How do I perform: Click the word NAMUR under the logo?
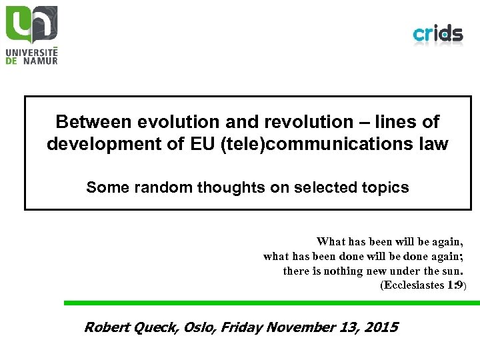pyautogui.click(x=38, y=61)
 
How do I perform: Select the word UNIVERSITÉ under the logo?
pyautogui.click(x=32, y=51)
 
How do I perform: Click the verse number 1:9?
pyautogui.click(x=456, y=285)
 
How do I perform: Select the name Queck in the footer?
pyautogui.click(x=155, y=327)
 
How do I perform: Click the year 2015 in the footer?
pyautogui.click(x=381, y=327)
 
